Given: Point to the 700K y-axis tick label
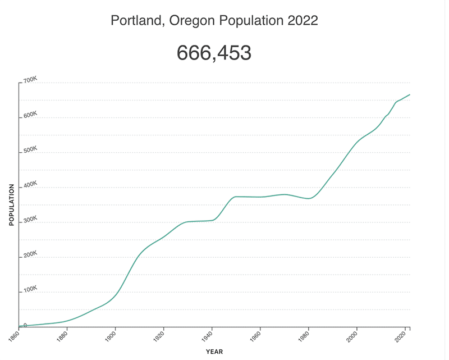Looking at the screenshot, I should coord(30,81).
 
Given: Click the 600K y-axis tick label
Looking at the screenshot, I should coord(30,116).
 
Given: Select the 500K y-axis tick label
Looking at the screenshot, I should coord(30,151).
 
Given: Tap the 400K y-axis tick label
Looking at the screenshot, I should coord(30,185).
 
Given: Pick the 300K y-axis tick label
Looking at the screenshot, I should coord(30,220).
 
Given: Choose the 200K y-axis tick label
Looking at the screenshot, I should coord(30,255).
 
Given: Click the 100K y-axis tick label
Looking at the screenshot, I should coord(30,290).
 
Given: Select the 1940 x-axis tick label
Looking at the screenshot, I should coord(207,336).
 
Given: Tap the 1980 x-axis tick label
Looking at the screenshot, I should coord(303,336).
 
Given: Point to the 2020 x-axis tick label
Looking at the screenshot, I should coord(400,336).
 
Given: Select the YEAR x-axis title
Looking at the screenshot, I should coord(214,352).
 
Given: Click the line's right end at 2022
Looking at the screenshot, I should coord(410,94).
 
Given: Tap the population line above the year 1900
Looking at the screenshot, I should coord(116,294).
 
